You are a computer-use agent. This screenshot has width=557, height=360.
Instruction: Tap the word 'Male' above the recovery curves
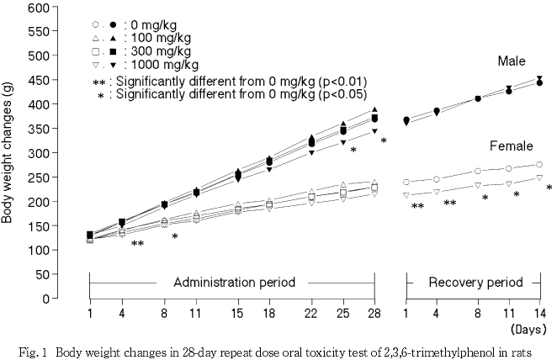pos(511,61)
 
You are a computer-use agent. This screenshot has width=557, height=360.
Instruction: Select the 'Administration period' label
pos(234,282)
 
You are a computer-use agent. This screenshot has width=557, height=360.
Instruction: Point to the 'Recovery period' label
pos(476,282)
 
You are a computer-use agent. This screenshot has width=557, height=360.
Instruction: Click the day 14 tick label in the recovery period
pos(539,313)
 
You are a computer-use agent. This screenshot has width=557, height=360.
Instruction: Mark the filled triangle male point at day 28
pos(374,110)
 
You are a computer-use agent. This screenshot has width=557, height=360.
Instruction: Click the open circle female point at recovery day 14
pos(539,165)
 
